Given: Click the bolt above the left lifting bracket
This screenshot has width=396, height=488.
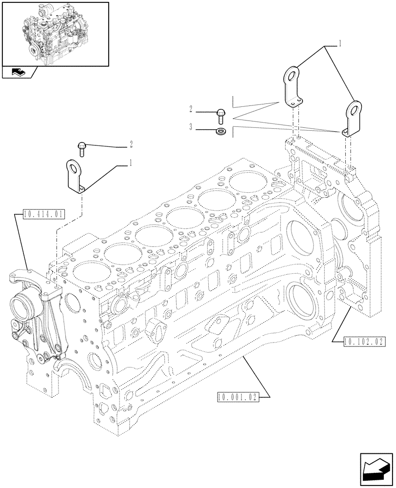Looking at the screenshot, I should [82, 148].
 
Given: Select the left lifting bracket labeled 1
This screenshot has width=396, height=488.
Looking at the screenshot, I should [77, 177].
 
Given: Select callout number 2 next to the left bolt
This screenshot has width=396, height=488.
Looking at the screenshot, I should [131, 144].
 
